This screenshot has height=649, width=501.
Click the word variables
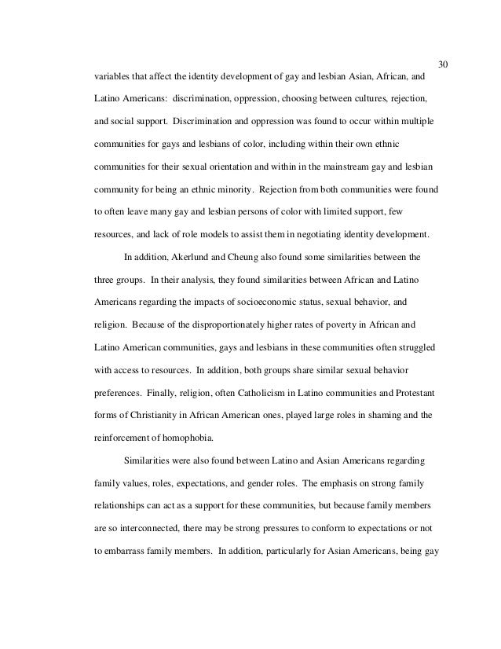click(x=113, y=78)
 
